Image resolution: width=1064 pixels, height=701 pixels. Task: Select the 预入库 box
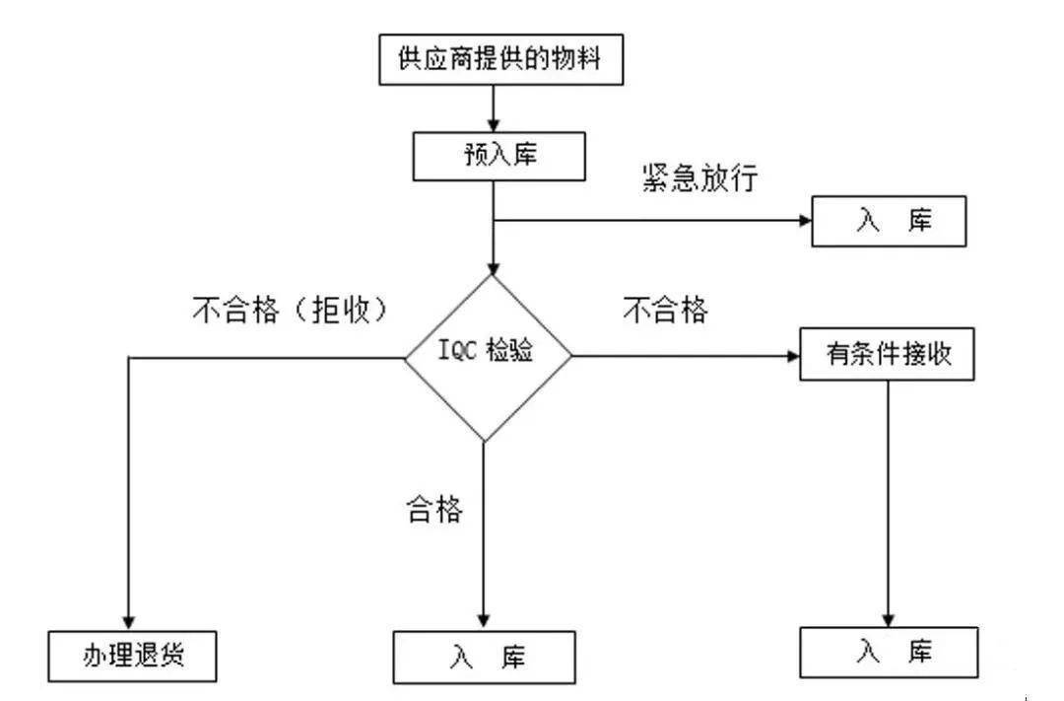490,155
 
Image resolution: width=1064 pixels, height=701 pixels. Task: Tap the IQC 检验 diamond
489,356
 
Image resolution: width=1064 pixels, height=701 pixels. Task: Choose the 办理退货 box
133,656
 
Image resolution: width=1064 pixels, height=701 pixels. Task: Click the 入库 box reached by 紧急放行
890,223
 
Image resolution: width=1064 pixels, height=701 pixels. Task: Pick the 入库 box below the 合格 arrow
484,657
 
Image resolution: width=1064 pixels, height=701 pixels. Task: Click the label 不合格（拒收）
289,311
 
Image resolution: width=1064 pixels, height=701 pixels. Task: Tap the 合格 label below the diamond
434,510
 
